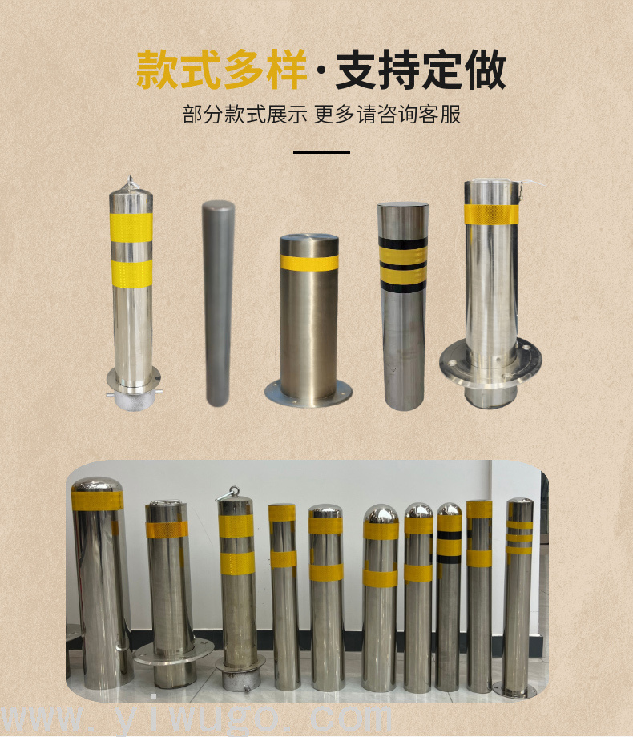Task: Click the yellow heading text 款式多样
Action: pyautogui.click(x=221, y=70)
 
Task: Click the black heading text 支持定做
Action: pyautogui.click(x=421, y=70)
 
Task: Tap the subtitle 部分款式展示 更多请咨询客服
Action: pyautogui.click(x=321, y=115)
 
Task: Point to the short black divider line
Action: pyautogui.click(x=321, y=152)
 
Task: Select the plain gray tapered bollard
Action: pyautogui.click(x=218, y=303)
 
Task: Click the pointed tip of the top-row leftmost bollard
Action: pyautogui.click(x=131, y=177)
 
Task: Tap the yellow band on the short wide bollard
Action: pyautogui.click(x=309, y=263)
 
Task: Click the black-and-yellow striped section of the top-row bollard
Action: pyautogui.click(x=403, y=265)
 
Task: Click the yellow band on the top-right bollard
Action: pyautogui.click(x=491, y=215)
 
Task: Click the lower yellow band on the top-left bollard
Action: pyautogui.click(x=132, y=273)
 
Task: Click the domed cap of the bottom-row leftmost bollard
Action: pyautogui.click(x=97, y=485)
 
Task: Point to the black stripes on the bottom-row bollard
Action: pyautogui.click(x=450, y=546)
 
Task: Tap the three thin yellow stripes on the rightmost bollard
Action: pyautogui.click(x=520, y=538)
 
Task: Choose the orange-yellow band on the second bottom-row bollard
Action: pyautogui.click(x=167, y=530)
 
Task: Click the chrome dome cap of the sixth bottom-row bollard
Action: pyautogui.click(x=381, y=514)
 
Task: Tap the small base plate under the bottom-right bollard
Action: pyautogui.click(x=515, y=691)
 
